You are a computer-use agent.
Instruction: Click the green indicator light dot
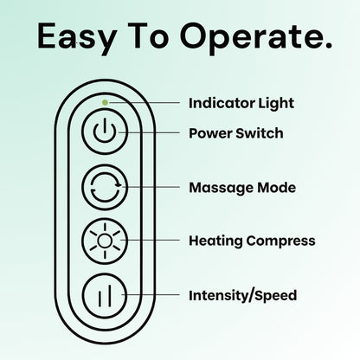tap(106, 102)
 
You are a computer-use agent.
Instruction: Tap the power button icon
tap(105, 132)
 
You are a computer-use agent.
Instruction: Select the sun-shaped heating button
tap(105, 241)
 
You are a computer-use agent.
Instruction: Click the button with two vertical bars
tap(105, 296)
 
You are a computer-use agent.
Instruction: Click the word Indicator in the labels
tap(222, 103)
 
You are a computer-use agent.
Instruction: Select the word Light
tap(276, 103)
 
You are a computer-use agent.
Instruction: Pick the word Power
tap(210, 133)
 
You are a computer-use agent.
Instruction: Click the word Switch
tap(260, 133)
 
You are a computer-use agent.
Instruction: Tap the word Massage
tap(221, 188)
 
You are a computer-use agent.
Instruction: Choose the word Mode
tap(276, 188)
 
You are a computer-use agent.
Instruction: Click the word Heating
tap(215, 241)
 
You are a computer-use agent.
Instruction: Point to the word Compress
tap(280, 241)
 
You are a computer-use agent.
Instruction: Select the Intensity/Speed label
tap(242, 296)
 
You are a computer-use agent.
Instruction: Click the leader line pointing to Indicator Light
tap(144, 102)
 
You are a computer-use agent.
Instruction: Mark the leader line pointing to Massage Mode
tap(151, 187)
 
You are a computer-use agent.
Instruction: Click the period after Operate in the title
tap(327, 46)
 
